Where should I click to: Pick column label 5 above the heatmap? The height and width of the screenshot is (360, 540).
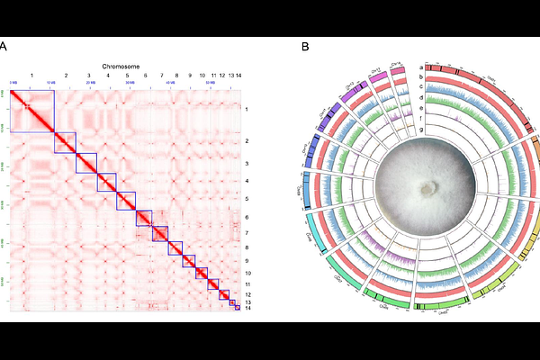tap(127, 77)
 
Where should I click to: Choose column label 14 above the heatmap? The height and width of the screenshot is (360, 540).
tap(237, 77)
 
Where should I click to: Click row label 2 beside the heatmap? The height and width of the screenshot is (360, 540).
tap(247, 142)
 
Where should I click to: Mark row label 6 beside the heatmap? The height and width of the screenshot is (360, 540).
tap(247, 218)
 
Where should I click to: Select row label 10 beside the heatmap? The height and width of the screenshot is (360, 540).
tap(247, 273)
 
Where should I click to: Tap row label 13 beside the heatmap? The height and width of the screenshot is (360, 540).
tap(247, 301)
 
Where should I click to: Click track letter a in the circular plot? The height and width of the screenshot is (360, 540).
tap(421, 67)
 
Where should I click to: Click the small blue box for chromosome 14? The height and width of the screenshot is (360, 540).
tap(237, 309)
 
